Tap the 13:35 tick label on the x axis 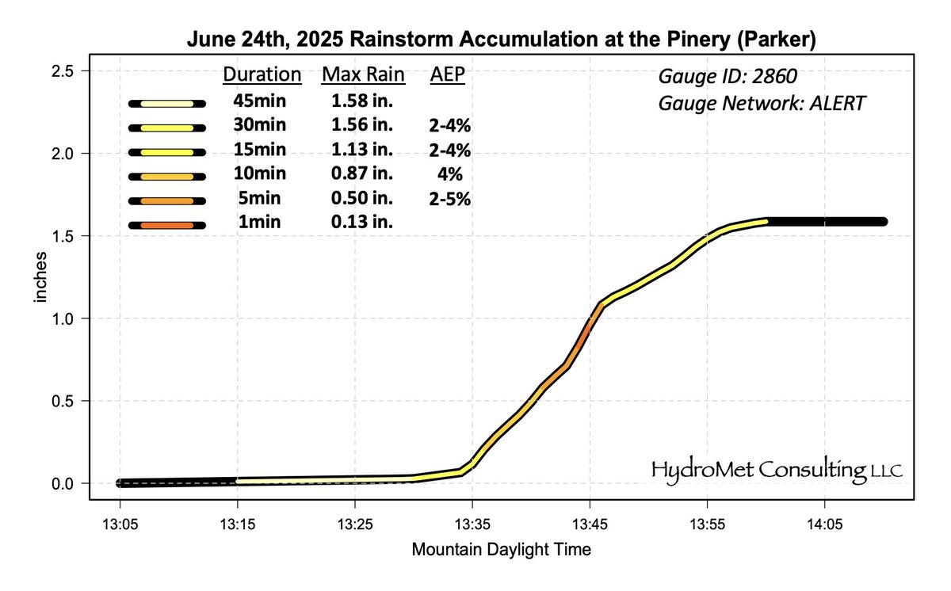click(472, 524)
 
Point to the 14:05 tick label click(823, 524)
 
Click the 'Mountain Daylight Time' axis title click(501, 548)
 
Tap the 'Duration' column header click(262, 75)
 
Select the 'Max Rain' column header click(363, 75)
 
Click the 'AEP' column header click(448, 75)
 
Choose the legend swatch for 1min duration click(167, 226)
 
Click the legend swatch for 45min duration click(167, 103)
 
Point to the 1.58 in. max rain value click(362, 101)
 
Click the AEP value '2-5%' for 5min click(449, 200)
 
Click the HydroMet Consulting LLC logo click(777, 470)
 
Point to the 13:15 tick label click(237, 524)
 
